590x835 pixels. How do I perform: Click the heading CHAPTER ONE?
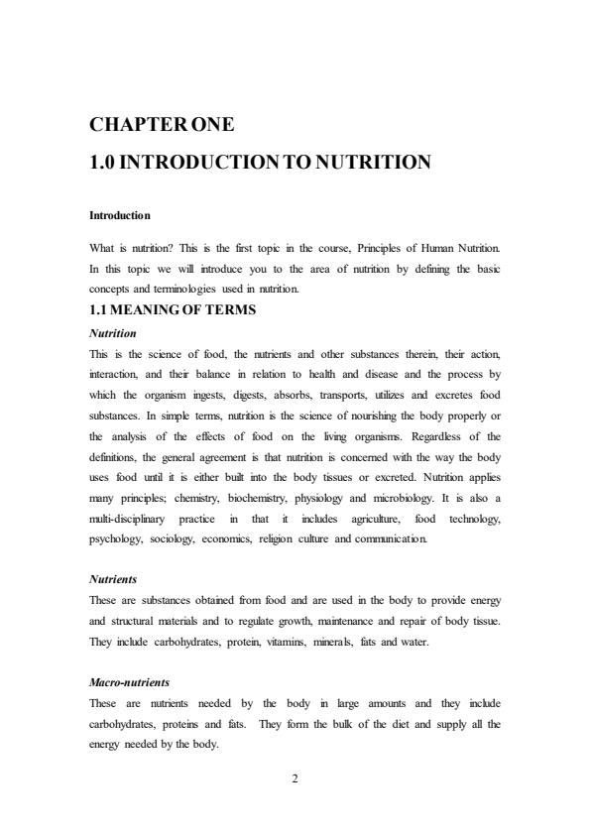click(163, 125)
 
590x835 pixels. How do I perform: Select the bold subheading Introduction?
click(120, 215)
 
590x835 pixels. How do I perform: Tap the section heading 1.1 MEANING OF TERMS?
click(173, 309)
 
